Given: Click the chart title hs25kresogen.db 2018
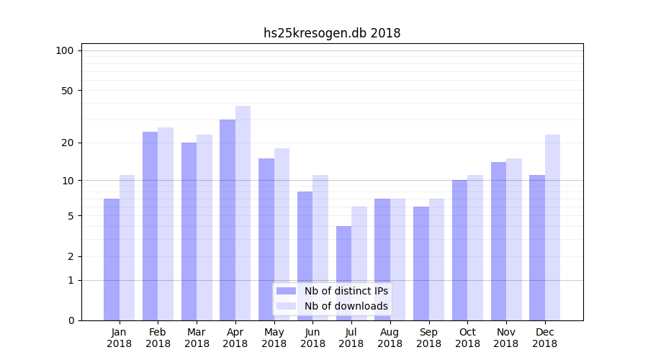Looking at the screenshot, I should [332, 33].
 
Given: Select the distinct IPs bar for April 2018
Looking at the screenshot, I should [228, 220].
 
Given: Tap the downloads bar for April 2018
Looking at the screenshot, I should [243, 213].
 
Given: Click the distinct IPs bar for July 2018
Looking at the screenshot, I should [343, 273].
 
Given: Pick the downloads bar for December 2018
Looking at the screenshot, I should [552, 228].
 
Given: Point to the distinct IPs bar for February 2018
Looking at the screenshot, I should [150, 226].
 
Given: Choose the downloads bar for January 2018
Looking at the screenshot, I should [127, 248].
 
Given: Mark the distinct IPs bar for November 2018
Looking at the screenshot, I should [498, 241].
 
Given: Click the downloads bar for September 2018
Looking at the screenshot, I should [436, 259].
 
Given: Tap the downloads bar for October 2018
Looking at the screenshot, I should [475, 248].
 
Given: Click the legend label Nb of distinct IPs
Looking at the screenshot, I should [346, 291].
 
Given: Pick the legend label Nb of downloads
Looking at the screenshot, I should [346, 306].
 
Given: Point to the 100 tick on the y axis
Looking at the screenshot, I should [65, 50].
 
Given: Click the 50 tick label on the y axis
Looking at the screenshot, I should [67, 91].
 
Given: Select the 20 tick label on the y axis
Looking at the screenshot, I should [67, 143].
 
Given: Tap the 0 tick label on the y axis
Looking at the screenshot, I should [71, 320].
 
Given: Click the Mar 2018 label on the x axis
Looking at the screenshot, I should [197, 338].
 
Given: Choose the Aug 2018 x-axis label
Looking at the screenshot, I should [390, 338].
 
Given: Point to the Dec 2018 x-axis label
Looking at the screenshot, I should [544, 338].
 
